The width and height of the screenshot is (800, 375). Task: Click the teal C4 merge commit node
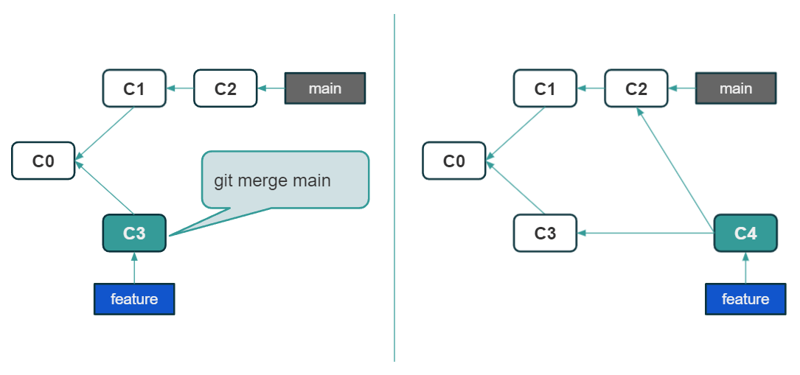click(745, 234)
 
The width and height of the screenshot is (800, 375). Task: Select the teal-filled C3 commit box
click(134, 234)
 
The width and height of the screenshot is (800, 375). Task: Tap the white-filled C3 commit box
click(545, 234)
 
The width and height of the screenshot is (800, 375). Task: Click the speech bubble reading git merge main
click(285, 181)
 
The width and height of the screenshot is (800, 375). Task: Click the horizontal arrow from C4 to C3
click(645, 234)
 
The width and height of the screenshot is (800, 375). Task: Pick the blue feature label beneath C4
click(745, 299)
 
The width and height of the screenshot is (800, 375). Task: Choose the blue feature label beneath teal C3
click(134, 299)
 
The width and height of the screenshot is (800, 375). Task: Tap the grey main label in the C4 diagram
click(736, 88)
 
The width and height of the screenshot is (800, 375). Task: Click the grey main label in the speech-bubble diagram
click(325, 88)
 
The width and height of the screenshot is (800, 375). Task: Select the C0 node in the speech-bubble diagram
click(44, 161)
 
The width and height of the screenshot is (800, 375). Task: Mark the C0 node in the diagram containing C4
click(454, 161)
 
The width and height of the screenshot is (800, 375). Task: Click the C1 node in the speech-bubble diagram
click(134, 88)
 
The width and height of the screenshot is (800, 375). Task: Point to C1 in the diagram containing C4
click(545, 88)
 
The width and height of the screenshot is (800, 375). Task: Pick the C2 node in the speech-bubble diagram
click(226, 88)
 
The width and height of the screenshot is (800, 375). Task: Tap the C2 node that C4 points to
click(636, 88)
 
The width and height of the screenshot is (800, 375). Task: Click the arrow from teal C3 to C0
click(105, 189)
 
